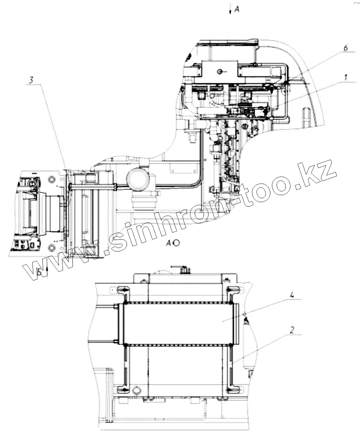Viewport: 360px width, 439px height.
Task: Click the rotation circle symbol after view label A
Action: pos(176,243)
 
